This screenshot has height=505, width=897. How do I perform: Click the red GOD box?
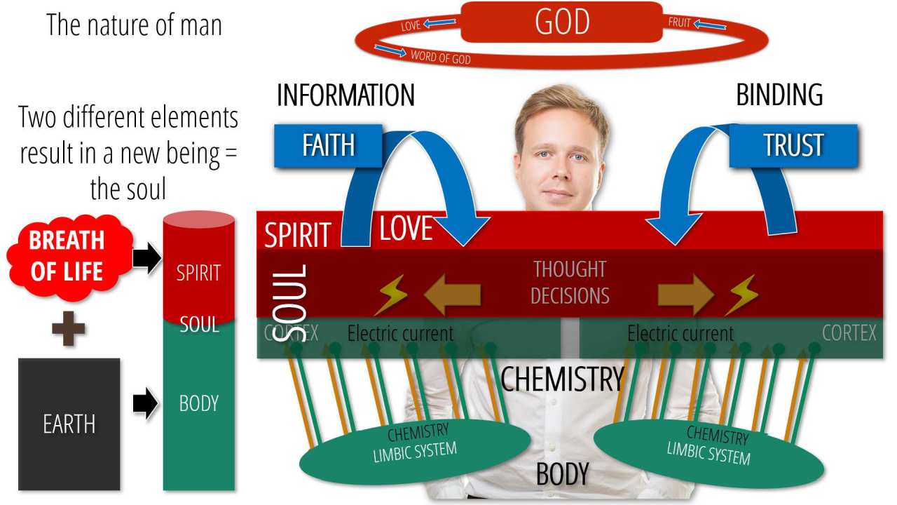tap(561, 22)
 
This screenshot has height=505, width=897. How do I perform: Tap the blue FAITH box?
tap(327, 145)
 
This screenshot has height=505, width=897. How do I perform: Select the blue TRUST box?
tap(793, 145)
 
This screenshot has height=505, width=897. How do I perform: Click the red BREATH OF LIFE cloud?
tap(67, 255)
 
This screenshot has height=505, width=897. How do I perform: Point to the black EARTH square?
tap(69, 424)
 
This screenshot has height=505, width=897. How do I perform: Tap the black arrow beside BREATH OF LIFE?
tap(146, 259)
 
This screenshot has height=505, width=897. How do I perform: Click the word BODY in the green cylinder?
tap(199, 403)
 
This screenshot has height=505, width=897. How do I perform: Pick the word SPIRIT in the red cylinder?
tap(199, 272)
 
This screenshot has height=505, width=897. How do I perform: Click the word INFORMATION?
tap(345, 95)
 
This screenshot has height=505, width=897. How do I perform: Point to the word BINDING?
tap(779, 95)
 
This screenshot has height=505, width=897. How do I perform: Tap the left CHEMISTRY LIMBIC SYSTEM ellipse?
tap(414, 449)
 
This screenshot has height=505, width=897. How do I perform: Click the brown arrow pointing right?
tap(685, 295)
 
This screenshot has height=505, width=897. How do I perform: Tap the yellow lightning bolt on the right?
tap(741, 295)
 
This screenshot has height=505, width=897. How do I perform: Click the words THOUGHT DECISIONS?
tap(570, 282)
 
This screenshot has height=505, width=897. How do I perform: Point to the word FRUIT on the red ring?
tap(680, 22)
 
